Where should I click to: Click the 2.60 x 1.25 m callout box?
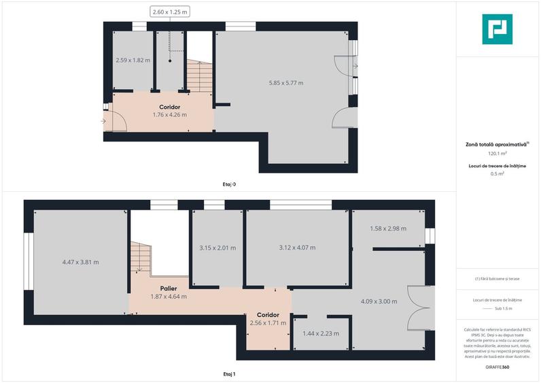click(x=170, y=12)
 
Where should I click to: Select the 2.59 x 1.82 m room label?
click(x=133, y=60)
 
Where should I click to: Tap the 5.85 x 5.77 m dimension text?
click(x=286, y=83)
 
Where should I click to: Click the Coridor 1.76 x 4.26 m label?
click(x=169, y=111)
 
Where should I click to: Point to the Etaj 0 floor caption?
click(x=230, y=184)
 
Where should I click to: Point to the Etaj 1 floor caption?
click(x=230, y=374)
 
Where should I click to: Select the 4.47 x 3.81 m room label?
click(x=80, y=262)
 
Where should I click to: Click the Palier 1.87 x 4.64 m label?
click(x=169, y=293)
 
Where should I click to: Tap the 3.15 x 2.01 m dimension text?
click(x=217, y=248)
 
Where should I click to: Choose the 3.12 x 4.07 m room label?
click(x=297, y=248)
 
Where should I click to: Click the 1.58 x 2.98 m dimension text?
click(x=387, y=229)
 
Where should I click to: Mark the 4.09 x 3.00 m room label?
click(x=379, y=301)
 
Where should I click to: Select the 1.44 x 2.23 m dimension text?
click(x=320, y=333)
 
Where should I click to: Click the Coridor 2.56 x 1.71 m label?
click(x=267, y=319)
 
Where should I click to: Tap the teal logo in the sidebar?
click(x=498, y=29)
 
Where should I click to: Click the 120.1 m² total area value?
click(x=498, y=154)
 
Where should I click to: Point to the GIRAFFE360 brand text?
click(x=498, y=367)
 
